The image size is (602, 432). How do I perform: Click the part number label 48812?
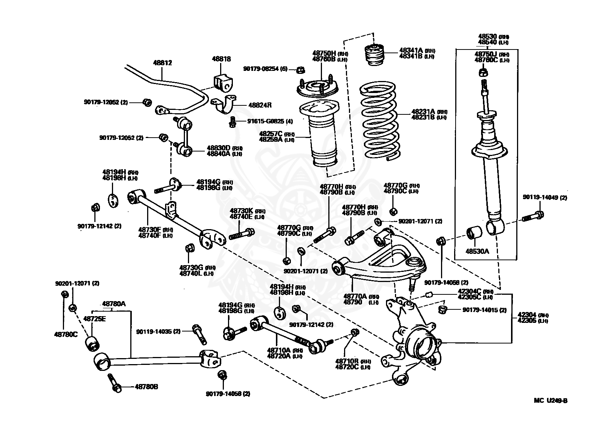point(162,63)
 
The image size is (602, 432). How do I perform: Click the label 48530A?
point(477,251)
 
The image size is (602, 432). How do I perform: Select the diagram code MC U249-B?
point(550,400)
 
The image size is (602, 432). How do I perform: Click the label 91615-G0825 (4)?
point(270,121)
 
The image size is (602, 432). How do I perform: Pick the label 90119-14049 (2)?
point(545,198)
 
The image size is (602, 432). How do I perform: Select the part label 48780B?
point(146,386)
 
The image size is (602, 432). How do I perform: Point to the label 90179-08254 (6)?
point(265,69)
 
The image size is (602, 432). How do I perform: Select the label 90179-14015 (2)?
point(484,310)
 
